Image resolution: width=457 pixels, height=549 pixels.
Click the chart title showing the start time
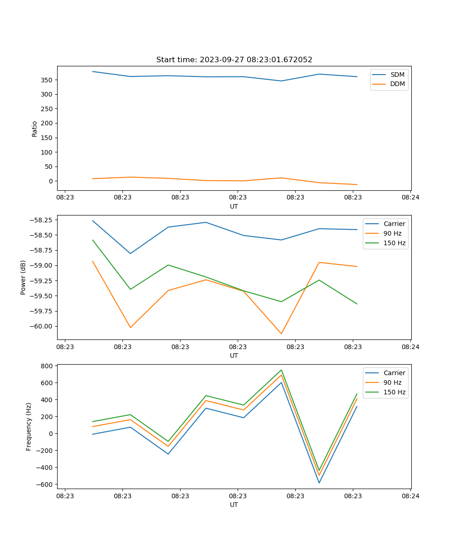[x=234, y=60]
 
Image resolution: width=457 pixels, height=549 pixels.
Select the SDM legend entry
[x=397, y=75]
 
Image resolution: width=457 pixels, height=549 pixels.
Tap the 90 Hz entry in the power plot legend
[x=392, y=233]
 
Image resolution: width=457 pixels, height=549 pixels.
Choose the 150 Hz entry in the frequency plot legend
[x=394, y=392]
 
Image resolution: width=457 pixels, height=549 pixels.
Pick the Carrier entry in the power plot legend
[x=394, y=224]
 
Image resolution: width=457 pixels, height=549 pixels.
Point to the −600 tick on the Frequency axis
[x=46, y=484]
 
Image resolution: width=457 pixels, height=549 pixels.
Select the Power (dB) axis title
[x=23, y=277]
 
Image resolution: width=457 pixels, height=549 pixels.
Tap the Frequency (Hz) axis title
[x=29, y=426]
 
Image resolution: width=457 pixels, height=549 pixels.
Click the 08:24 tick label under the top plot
[x=410, y=198]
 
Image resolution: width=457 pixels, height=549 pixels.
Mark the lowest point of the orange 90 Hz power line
[x=281, y=334]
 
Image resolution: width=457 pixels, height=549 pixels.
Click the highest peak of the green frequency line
[x=281, y=370]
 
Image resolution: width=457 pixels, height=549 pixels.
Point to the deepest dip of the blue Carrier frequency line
[x=319, y=483]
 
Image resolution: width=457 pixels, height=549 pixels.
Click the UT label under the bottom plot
[x=234, y=505]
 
